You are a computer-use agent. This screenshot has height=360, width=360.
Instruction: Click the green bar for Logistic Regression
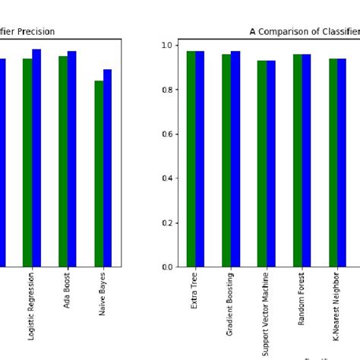(x=27, y=163)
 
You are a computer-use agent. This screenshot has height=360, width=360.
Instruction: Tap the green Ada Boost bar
(x=63, y=161)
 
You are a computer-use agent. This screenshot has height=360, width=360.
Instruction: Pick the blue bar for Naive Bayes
(x=107, y=168)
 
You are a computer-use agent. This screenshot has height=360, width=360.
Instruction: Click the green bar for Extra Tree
(x=191, y=159)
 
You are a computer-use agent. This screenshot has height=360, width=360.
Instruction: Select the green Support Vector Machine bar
(x=262, y=163)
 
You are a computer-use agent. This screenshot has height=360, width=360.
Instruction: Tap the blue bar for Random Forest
(x=306, y=160)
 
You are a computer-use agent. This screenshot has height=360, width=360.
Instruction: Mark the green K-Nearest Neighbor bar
(x=333, y=163)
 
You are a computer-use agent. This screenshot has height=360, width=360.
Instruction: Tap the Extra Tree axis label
(x=195, y=292)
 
